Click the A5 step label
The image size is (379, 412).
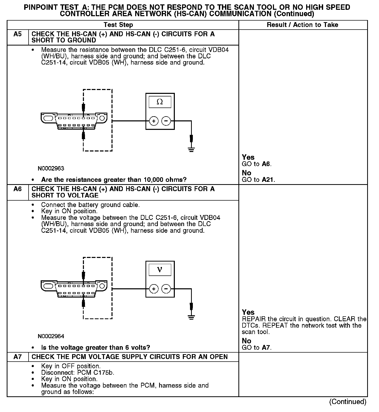(18, 34)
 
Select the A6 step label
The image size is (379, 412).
(18, 189)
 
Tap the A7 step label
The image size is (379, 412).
(18, 357)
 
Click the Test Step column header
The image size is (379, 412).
(118, 25)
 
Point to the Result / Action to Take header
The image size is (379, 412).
(303, 25)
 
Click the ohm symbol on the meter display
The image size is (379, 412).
(160, 102)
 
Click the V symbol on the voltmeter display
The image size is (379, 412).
(160, 270)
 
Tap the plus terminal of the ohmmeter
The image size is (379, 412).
(154, 121)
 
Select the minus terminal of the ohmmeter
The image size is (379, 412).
(166, 121)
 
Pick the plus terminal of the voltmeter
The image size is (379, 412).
(154, 289)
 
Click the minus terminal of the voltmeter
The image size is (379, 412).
(166, 289)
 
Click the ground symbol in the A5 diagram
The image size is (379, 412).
(191, 149)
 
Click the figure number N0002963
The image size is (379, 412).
(51, 168)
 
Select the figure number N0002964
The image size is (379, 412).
(51, 336)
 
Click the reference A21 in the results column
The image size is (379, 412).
(268, 180)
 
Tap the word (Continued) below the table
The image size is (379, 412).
(348, 402)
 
